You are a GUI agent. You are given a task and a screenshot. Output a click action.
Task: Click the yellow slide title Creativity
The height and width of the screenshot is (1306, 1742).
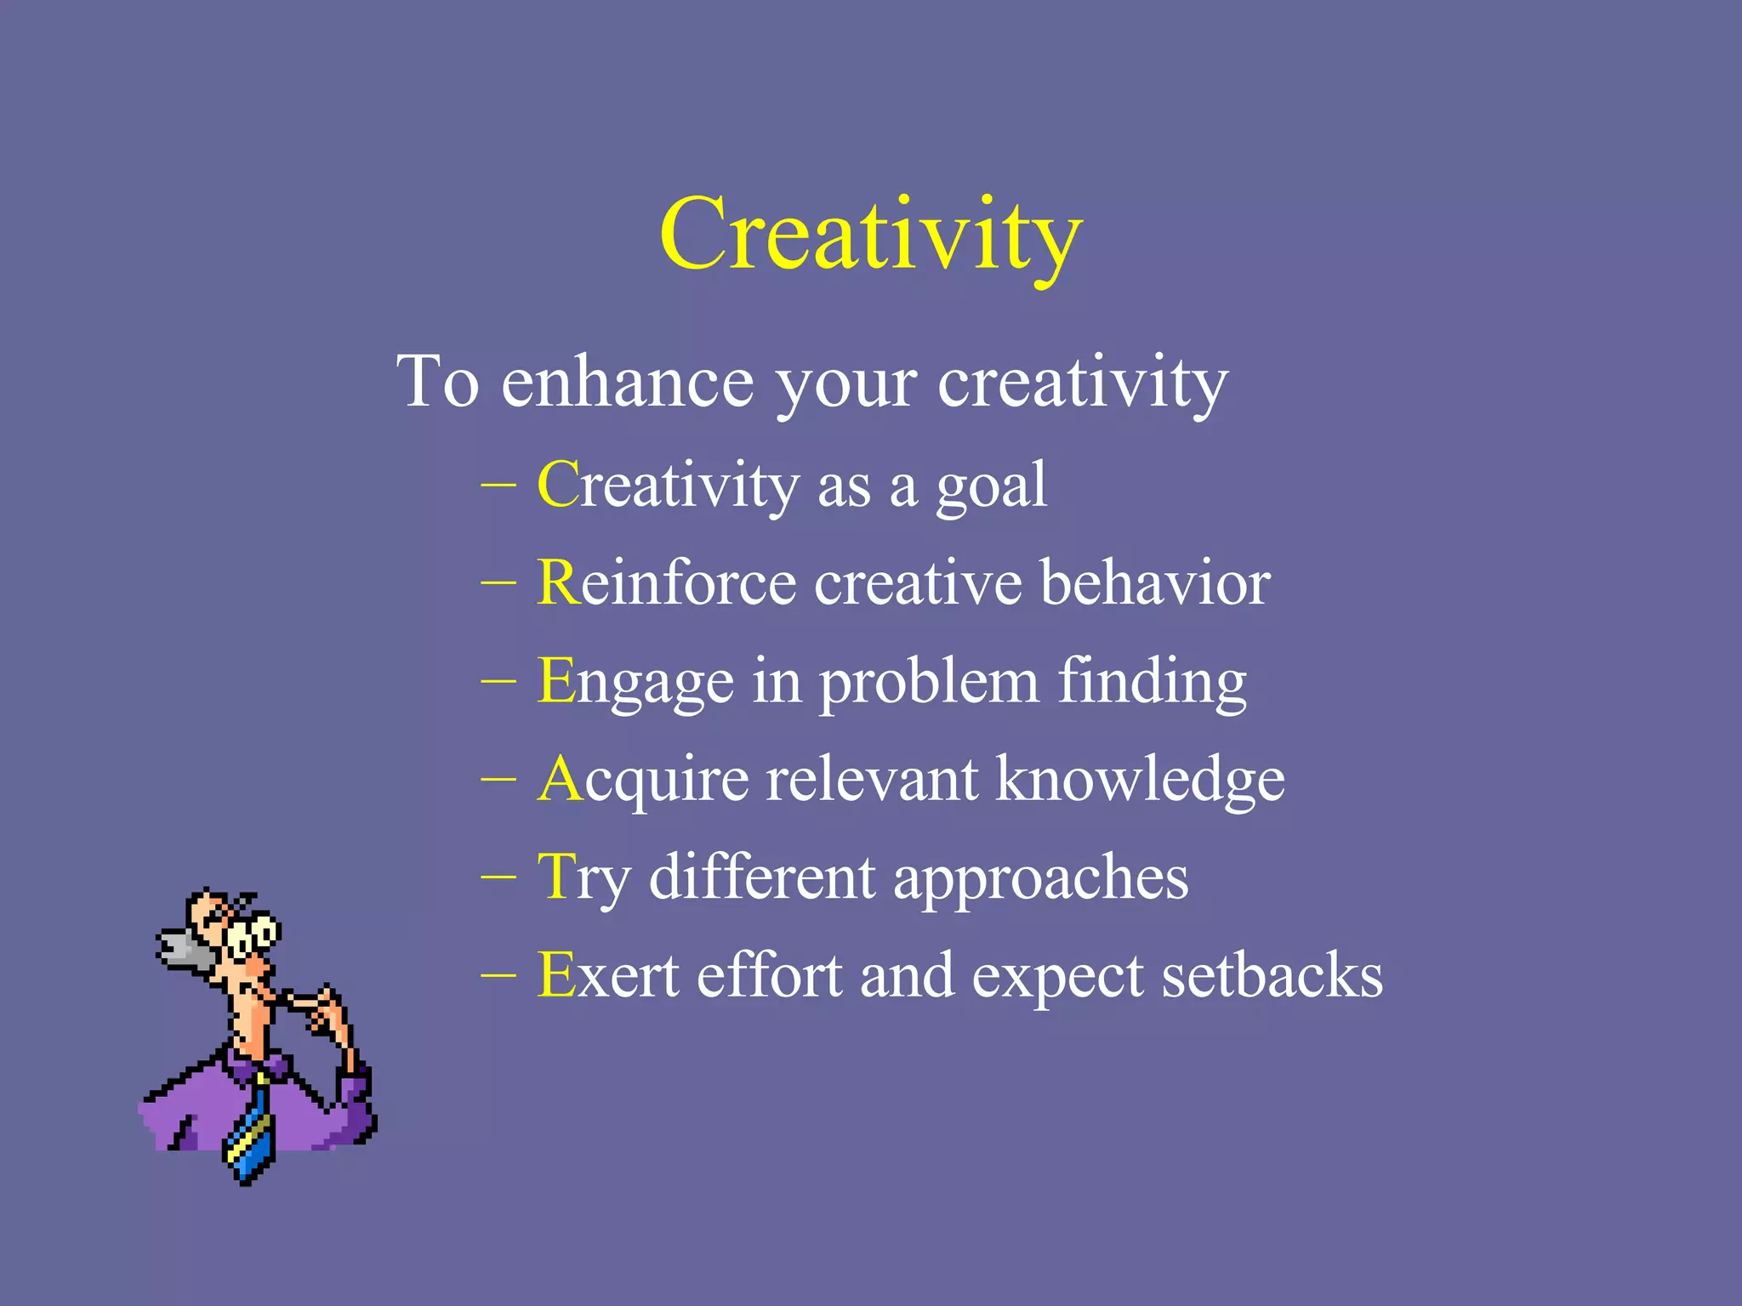tap(870, 234)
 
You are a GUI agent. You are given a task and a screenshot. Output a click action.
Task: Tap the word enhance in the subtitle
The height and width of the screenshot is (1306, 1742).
tap(627, 383)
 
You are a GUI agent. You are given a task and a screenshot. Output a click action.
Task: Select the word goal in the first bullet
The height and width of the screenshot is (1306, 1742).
tap(991, 486)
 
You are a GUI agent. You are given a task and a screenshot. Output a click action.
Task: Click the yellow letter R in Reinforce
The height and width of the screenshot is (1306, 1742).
tap(558, 583)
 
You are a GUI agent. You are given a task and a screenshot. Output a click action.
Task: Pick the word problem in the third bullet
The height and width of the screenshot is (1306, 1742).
tap(928, 683)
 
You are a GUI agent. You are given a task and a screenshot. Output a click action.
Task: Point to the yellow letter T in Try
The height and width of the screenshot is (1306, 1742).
tap(557, 877)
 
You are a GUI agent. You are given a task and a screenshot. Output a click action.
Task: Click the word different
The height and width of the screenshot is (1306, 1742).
tap(761, 877)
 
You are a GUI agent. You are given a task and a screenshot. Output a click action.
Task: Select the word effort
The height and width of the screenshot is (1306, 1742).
tap(769, 975)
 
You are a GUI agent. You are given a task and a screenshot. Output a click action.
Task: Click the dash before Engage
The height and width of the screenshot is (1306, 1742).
tap(498, 681)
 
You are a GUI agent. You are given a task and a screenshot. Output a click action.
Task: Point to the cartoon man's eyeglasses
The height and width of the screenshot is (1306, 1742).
tap(252, 935)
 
